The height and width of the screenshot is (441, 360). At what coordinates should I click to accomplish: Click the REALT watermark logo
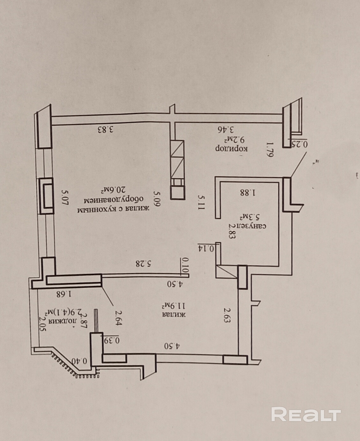pyautogui.click(x=306, y=414)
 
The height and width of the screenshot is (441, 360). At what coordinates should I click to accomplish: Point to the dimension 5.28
pyautogui.click(x=143, y=264)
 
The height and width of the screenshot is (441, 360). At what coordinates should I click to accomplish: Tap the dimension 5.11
pyautogui.click(x=200, y=202)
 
